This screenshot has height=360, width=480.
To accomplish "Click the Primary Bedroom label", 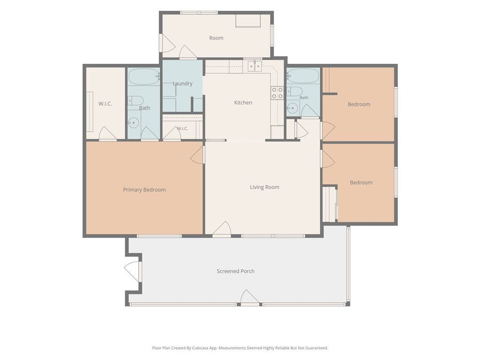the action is click(144, 190).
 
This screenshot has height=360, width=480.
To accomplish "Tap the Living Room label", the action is click(264, 187).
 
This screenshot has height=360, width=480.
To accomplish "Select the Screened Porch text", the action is click(235, 271).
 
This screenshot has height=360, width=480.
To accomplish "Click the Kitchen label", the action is click(243, 103).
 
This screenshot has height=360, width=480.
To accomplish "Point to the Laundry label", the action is click(182, 83).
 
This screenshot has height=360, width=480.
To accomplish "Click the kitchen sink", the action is click(255, 66).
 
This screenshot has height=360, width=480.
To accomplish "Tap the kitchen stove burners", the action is click(277, 93).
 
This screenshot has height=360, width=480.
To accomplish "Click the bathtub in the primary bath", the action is click(143, 76).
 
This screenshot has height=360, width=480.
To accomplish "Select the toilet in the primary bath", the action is click(135, 101).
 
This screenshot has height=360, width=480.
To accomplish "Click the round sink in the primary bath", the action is click(133, 123).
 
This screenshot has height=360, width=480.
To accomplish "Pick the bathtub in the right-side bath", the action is click(303, 75).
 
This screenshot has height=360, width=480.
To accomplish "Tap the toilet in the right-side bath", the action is click(294, 91).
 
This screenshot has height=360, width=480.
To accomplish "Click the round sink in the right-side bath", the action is click(292, 108).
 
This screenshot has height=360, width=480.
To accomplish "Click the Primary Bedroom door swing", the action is click(197, 155).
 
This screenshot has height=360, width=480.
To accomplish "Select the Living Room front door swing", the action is click(222, 229).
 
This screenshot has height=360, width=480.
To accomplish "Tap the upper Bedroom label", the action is click(359, 105).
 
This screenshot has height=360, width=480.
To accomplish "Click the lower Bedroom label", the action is click(361, 182).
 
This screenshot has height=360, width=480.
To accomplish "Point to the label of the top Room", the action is click(216, 38).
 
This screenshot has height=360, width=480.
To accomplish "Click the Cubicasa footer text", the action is click(240, 348).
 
